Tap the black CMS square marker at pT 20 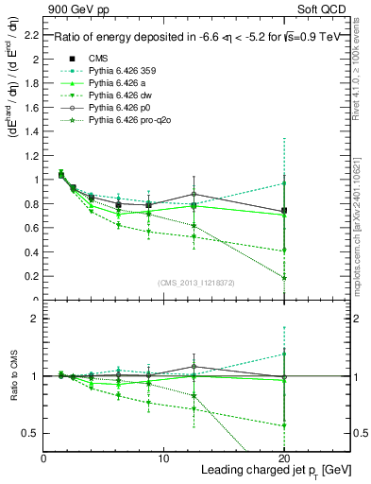tap(283, 211)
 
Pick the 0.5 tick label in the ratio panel tap(32, 433)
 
